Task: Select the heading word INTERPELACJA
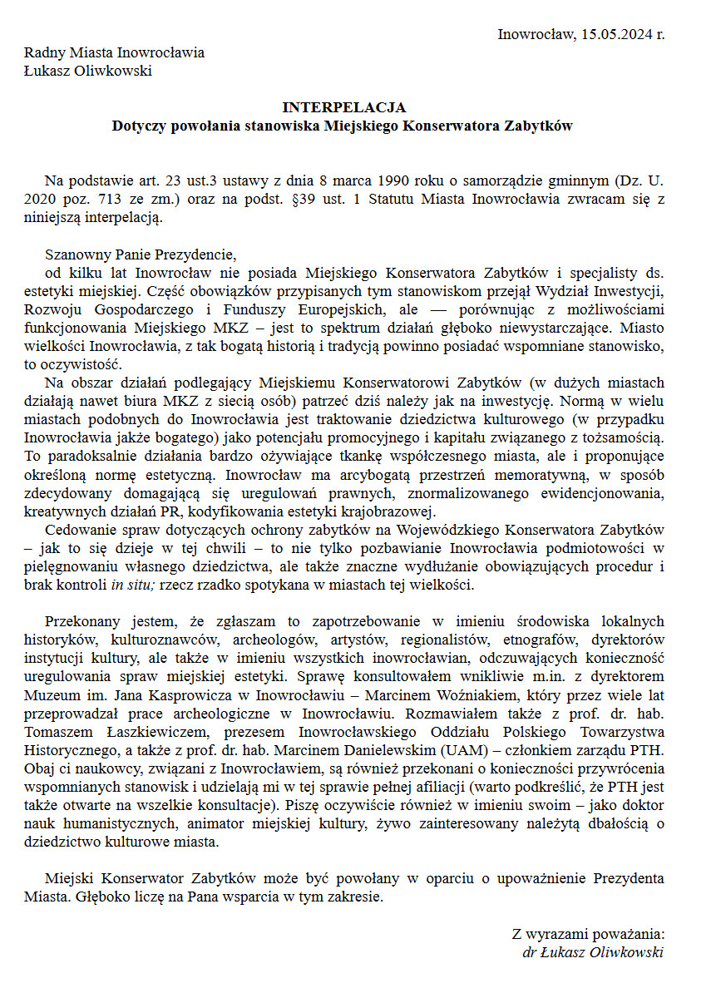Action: point(343,108)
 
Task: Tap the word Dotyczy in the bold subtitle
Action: point(139,126)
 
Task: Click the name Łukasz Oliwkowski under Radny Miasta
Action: point(87,71)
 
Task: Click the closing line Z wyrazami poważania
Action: point(587,934)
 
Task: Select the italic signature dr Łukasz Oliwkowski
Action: point(593,952)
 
